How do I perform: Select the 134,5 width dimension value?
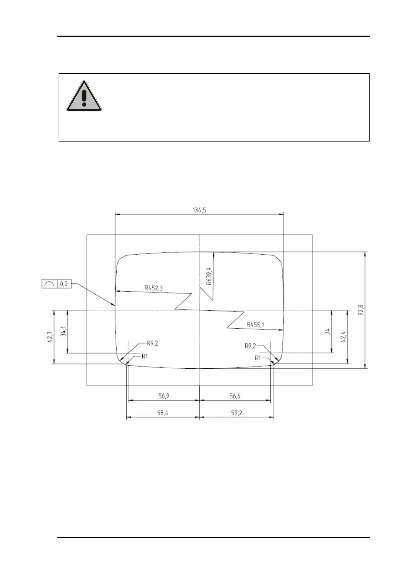click(199, 210)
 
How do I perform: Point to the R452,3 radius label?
click(154, 288)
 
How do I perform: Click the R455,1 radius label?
click(255, 324)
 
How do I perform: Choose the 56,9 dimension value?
click(164, 396)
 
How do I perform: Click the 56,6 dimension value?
click(235, 396)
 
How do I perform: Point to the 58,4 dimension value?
click(163, 413)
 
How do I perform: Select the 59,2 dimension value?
click(236, 413)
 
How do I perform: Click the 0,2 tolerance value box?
click(64, 284)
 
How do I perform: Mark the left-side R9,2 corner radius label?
click(153, 343)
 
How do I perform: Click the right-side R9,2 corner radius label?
click(250, 346)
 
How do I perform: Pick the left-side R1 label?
click(145, 356)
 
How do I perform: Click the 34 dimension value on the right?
click(327, 332)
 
